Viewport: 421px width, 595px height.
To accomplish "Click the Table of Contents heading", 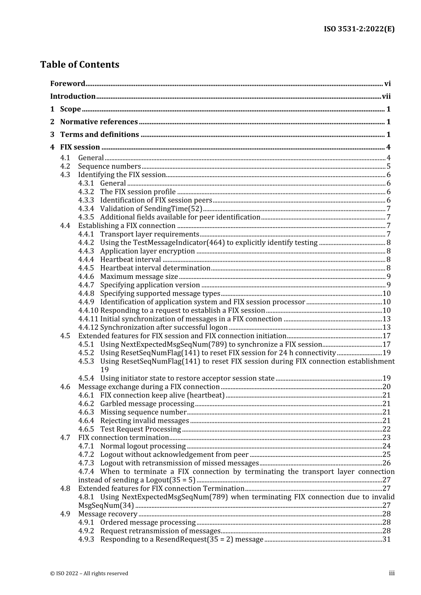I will pyautogui.click(x=80, y=65).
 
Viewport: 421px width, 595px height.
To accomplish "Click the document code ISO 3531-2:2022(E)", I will pyautogui.click(x=359, y=29).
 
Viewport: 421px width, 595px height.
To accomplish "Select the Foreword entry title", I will pyautogui.click(x=67, y=84).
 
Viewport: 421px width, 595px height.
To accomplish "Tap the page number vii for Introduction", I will pyautogui.click(x=386, y=97).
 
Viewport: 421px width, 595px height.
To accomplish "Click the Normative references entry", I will pyautogui.click(x=99, y=122).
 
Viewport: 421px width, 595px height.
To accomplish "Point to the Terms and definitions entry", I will pyautogui.click(x=99, y=135).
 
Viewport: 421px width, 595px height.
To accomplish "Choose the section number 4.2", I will pyautogui.click(x=65, y=166).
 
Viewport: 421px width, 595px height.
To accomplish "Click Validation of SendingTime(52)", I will pyautogui.click(x=151, y=209).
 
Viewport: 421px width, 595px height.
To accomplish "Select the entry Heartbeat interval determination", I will pyautogui.click(x=155, y=268).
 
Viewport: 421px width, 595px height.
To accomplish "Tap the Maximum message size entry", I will pyautogui.click(x=139, y=276).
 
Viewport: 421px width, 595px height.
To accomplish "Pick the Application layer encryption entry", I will pyautogui.click(x=147, y=251).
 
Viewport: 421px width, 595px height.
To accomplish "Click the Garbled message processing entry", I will pyautogui.click(x=147, y=404).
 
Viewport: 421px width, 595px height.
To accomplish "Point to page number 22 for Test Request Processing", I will pyautogui.click(x=386, y=429).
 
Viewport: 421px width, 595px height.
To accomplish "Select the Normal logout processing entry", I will pyautogui.click(x=143, y=446).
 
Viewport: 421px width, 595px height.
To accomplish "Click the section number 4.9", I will pyautogui.click(x=65, y=514).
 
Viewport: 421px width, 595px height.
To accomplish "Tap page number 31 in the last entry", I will pyautogui.click(x=386, y=539).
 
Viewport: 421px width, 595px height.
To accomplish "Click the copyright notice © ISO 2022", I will pyautogui.click(x=89, y=573).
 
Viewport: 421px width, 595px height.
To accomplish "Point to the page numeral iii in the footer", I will pyautogui.click(x=392, y=573).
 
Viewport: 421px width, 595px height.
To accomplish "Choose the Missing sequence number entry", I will pyautogui.click(x=143, y=412).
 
